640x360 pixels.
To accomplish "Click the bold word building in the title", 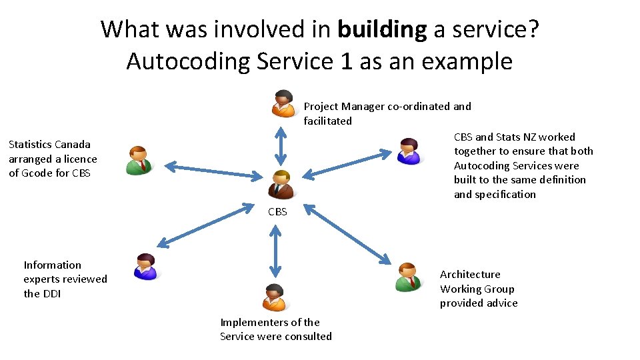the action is [x=381, y=29].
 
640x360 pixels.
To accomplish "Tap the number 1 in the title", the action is [x=345, y=61].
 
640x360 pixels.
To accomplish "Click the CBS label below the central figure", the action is [x=277, y=212].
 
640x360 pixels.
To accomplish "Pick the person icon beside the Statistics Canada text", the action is [x=141, y=160].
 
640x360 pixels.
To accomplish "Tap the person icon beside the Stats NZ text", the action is [x=408, y=151].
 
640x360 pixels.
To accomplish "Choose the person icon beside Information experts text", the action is [x=145, y=267].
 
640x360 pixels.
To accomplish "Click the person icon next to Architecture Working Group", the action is [x=408, y=277].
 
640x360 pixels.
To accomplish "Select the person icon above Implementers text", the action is [x=274, y=297].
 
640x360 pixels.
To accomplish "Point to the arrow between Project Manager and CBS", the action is [x=281, y=145].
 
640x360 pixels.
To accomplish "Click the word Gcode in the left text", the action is [x=37, y=173].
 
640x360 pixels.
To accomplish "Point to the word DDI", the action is [x=51, y=293].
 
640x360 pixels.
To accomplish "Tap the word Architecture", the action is [x=470, y=275].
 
